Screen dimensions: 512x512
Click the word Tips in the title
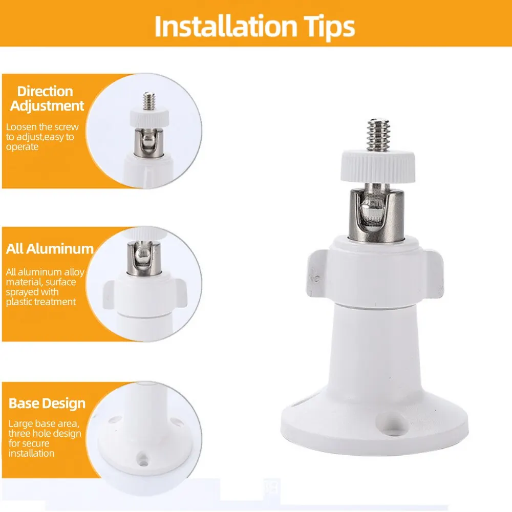coord(328,26)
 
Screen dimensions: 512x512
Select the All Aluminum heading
coord(50,249)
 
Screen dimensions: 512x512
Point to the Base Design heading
coord(47,403)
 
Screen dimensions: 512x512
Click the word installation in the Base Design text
coord(31,453)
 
